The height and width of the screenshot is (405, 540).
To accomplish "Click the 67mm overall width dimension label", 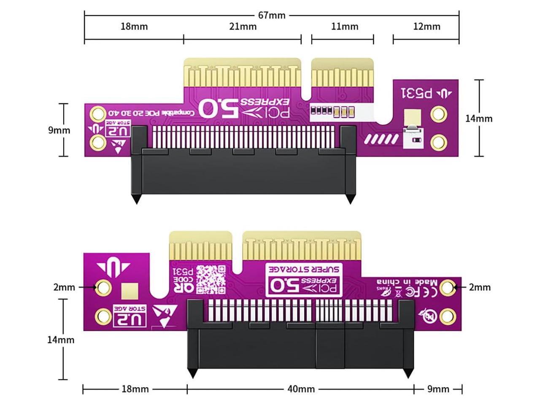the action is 272,16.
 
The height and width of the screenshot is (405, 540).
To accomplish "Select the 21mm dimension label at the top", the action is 243,27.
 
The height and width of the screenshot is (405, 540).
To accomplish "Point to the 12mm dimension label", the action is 427,27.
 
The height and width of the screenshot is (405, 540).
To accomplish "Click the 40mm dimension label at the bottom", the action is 301,389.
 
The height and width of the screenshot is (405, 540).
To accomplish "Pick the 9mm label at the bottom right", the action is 438,389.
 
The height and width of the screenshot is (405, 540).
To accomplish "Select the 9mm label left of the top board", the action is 59,130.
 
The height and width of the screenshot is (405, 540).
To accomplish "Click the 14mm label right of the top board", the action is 479,119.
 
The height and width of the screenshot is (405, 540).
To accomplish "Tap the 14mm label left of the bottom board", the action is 61,340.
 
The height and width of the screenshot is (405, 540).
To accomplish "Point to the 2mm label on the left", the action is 64,287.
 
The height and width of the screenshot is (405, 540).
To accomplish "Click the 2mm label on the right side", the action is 480,287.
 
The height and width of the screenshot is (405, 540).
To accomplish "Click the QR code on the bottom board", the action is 211,279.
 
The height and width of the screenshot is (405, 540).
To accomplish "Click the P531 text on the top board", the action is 417,93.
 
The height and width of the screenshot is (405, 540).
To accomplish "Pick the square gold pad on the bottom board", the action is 129,292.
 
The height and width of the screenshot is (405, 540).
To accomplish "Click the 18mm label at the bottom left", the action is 135,389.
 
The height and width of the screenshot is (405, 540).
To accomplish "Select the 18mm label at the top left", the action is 134,27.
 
